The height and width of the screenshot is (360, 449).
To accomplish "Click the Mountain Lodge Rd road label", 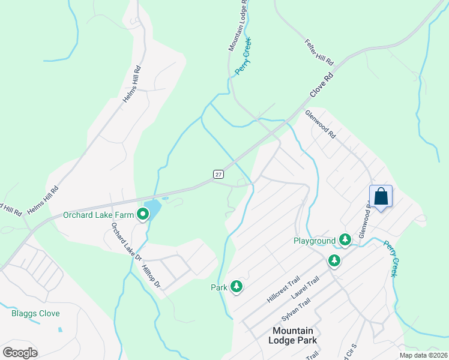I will point(238,25).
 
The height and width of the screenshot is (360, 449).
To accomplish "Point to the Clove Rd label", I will point(321,86).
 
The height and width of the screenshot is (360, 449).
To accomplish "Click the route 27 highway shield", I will point(218,174).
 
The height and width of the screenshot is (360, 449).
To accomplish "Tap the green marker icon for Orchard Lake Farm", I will point(143,214).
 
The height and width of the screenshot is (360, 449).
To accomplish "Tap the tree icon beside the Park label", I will point(237,287).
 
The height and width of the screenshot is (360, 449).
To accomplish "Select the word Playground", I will point(315,241).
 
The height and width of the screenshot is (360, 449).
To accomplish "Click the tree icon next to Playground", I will point(345,240).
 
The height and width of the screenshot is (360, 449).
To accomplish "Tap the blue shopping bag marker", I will point(381,196).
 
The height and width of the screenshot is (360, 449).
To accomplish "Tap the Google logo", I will point(20,353).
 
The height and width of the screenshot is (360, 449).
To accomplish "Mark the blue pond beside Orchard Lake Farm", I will point(152,209).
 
